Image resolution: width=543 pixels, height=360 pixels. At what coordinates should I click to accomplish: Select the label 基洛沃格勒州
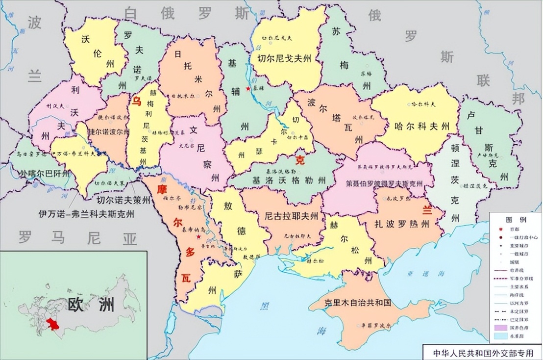point(288,180)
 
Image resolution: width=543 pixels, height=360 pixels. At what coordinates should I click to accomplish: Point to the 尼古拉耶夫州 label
point(291,216)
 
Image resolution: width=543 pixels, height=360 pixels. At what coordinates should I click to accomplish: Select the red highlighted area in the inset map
point(51,324)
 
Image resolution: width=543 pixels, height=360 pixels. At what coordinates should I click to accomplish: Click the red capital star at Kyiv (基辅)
point(248,88)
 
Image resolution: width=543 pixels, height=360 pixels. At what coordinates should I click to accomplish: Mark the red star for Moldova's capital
point(198,237)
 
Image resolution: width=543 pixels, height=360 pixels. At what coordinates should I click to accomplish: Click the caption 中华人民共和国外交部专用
point(483,353)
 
